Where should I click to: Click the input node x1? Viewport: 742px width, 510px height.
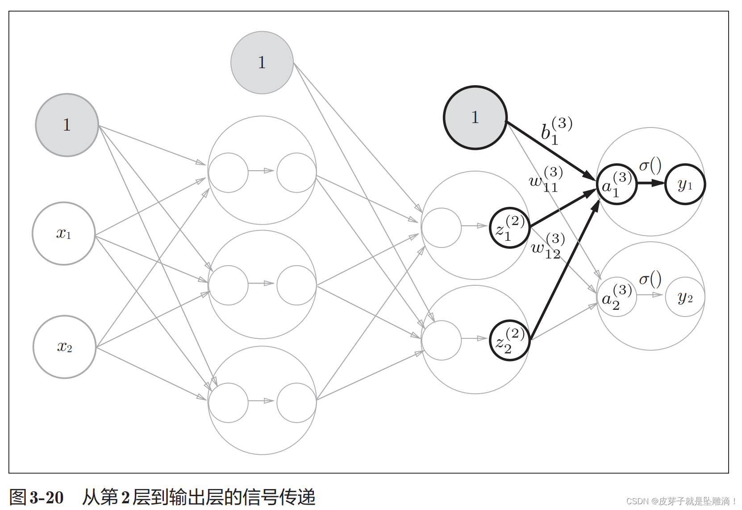click(64, 234)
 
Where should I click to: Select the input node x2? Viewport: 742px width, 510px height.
click(65, 347)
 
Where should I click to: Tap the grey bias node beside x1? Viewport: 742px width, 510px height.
click(67, 125)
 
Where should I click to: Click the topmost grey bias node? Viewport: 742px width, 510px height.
click(262, 62)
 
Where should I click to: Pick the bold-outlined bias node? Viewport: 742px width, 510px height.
click(475, 118)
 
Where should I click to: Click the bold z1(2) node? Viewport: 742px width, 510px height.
click(509, 228)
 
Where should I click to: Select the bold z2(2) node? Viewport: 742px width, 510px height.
click(509, 341)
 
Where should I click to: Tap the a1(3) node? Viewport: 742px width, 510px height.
click(617, 184)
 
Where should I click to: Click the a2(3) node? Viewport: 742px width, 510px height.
click(617, 296)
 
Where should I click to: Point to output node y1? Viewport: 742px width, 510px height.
click(685, 184)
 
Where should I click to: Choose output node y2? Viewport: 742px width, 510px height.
click(685, 297)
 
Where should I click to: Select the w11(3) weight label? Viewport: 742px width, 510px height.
click(546, 179)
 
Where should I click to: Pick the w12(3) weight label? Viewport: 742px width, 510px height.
click(547, 246)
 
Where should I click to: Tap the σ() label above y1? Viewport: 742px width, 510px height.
click(650, 166)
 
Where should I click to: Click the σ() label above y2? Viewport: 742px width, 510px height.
click(650, 280)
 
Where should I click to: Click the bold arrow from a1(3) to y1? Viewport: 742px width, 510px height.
click(651, 183)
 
